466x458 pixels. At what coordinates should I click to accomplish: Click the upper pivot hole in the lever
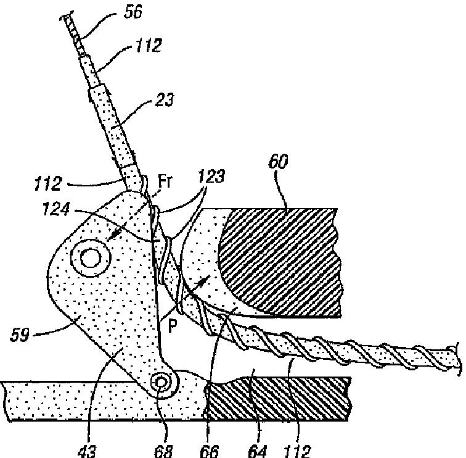point(89,257)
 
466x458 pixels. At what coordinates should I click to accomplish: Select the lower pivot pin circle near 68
point(162,383)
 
